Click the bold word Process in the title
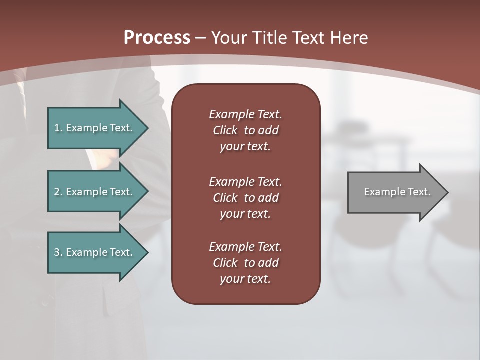[x=157, y=38]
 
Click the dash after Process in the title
[x=201, y=38]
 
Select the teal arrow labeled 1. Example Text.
[x=95, y=128]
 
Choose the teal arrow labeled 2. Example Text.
[x=95, y=192]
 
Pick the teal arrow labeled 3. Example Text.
[x=95, y=252]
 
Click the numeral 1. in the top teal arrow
[x=58, y=128]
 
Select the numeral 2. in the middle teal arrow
[x=58, y=192]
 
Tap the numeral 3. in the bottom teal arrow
[x=58, y=252]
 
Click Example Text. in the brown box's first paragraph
[x=245, y=114]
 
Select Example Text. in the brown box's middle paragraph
[x=245, y=182]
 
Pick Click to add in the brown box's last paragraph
[x=245, y=263]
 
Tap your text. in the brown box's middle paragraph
[x=245, y=214]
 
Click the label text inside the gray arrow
[x=397, y=192]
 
